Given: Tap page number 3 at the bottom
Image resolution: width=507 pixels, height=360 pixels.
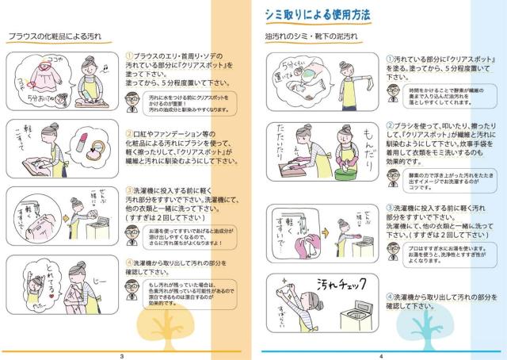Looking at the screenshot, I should (121, 355).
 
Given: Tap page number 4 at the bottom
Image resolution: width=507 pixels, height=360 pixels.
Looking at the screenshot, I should (381, 355).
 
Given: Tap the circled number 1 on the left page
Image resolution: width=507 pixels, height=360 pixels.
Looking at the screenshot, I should (130, 56).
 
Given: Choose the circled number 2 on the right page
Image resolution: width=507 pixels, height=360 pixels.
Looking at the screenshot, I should (390, 125).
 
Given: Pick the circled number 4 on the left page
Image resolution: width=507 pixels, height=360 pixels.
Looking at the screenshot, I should (130, 260).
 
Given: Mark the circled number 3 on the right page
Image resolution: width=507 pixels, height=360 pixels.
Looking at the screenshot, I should (390, 208).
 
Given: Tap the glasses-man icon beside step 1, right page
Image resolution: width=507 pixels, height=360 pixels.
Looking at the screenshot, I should (392, 94).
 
